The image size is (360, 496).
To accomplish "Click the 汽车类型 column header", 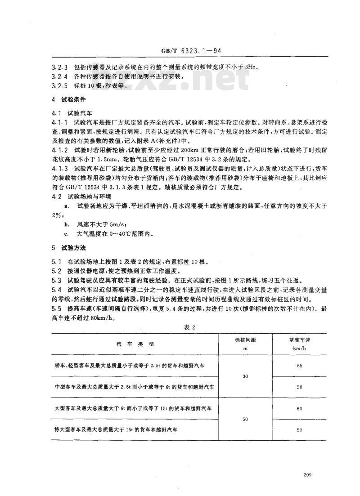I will click(x=135, y=344).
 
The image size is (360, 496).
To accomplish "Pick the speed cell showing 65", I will click(x=299, y=366).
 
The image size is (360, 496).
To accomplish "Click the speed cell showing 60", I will click(x=299, y=409).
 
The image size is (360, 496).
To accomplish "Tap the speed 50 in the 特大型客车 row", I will click(x=299, y=430).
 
